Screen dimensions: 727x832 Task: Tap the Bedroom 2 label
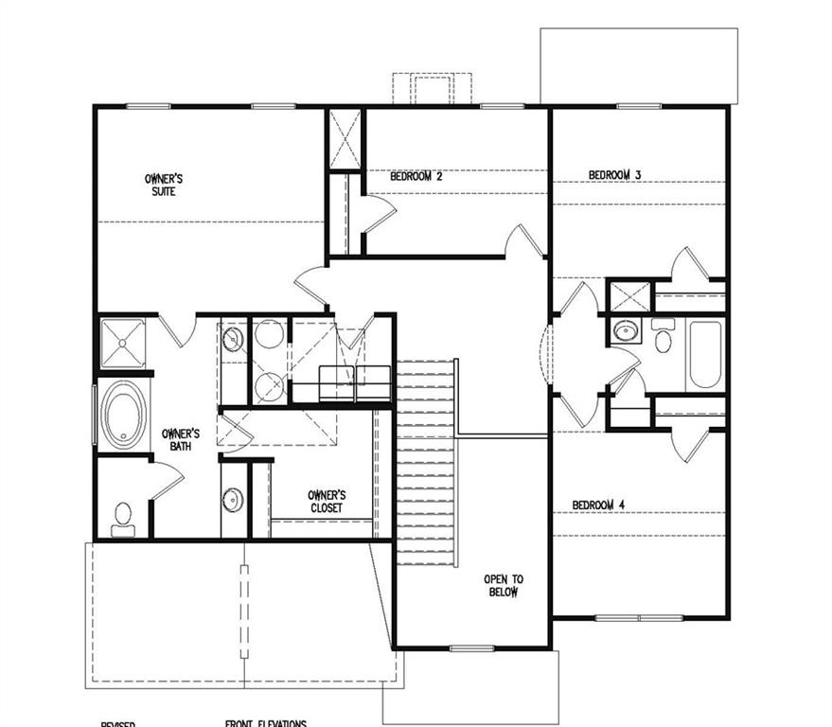[x=416, y=176]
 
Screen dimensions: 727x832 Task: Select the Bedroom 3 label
[x=615, y=175]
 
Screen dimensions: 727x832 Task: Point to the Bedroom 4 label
[x=598, y=505]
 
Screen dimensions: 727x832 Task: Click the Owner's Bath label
[x=179, y=438]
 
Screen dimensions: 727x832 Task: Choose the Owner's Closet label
[x=326, y=501]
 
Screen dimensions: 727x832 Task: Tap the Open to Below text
[x=503, y=585]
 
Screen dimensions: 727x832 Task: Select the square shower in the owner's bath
[x=123, y=343]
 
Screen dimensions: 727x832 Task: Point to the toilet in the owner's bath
[x=123, y=516]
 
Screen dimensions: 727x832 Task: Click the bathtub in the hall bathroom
[x=705, y=355]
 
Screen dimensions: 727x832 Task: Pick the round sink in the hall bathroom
[x=625, y=331]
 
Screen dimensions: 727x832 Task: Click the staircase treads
[x=426, y=464]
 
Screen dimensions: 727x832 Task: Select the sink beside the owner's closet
[x=233, y=499]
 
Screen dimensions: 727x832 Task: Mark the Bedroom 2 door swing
[x=379, y=214]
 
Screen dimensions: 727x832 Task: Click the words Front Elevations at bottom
[x=265, y=723]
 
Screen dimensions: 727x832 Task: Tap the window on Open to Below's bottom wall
[x=471, y=648]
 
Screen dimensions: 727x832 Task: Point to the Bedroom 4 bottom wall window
[x=639, y=618]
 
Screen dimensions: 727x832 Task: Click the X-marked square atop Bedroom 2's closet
[x=345, y=140]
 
